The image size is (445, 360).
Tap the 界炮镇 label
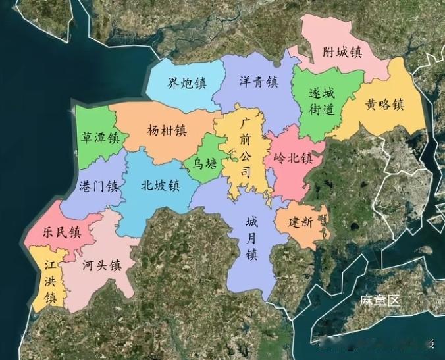point(186,83)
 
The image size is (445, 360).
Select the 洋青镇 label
point(258,82)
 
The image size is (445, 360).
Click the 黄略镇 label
point(384,105)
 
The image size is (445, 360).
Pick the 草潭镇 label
point(100,138)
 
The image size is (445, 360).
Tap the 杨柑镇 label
point(167,130)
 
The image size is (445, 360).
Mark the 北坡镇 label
point(160,186)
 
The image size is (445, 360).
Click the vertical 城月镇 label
point(252,238)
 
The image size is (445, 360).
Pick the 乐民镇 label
point(61,232)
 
